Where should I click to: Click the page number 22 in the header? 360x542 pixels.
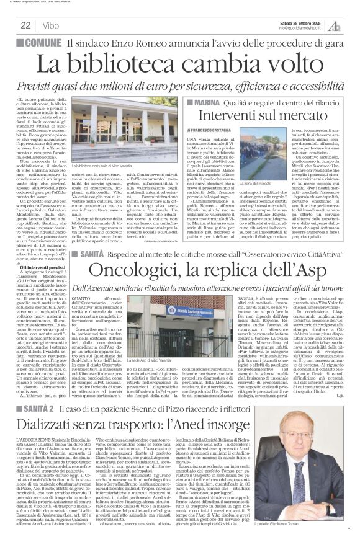(x=25, y=25)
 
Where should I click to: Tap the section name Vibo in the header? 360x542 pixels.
(x=48, y=25)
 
